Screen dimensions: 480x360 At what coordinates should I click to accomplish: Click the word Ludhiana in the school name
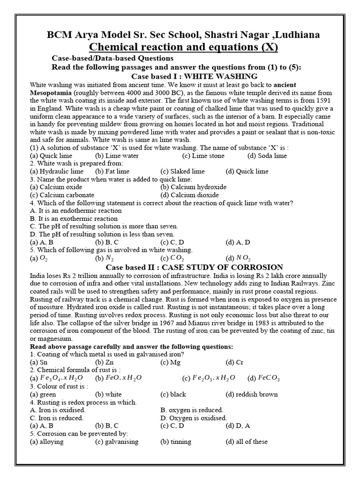coord(293,35)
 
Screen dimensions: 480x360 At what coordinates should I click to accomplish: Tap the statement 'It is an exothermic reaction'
coord(74,218)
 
